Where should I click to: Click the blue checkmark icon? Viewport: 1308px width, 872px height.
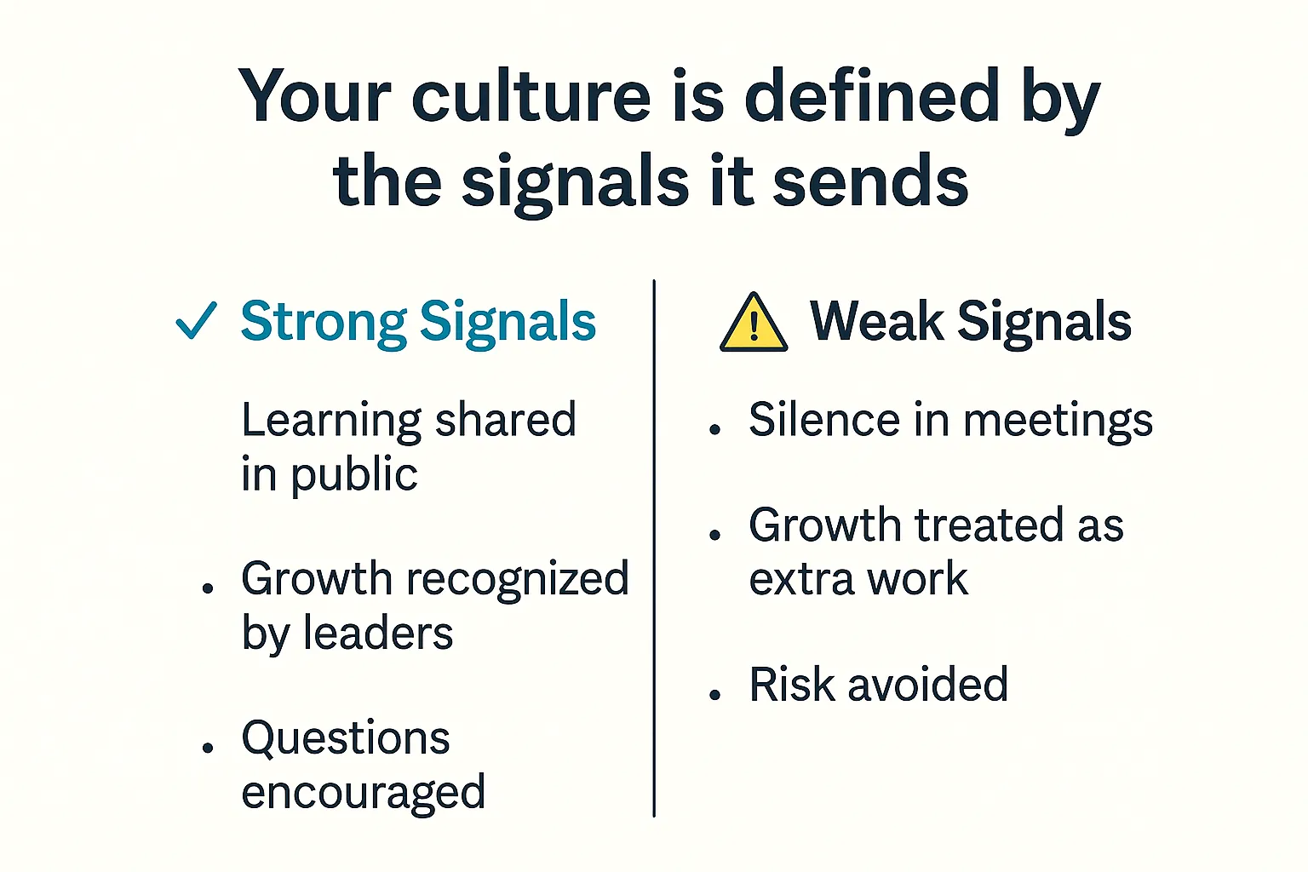pyautogui.click(x=196, y=321)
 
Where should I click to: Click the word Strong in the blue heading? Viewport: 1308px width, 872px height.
pyautogui.click(x=324, y=323)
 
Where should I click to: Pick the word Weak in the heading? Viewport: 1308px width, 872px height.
pyautogui.click(x=877, y=322)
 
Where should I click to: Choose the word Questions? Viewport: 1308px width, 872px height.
pyautogui.click(x=346, y=738)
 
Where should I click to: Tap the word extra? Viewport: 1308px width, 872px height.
pyautogui.click(x=801, y=580)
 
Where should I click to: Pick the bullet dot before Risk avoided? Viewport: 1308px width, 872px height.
pyautogui.click(x=715, y=695)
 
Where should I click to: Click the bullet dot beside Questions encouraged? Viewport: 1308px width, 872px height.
pyautogui.click(x=208, y=748)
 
